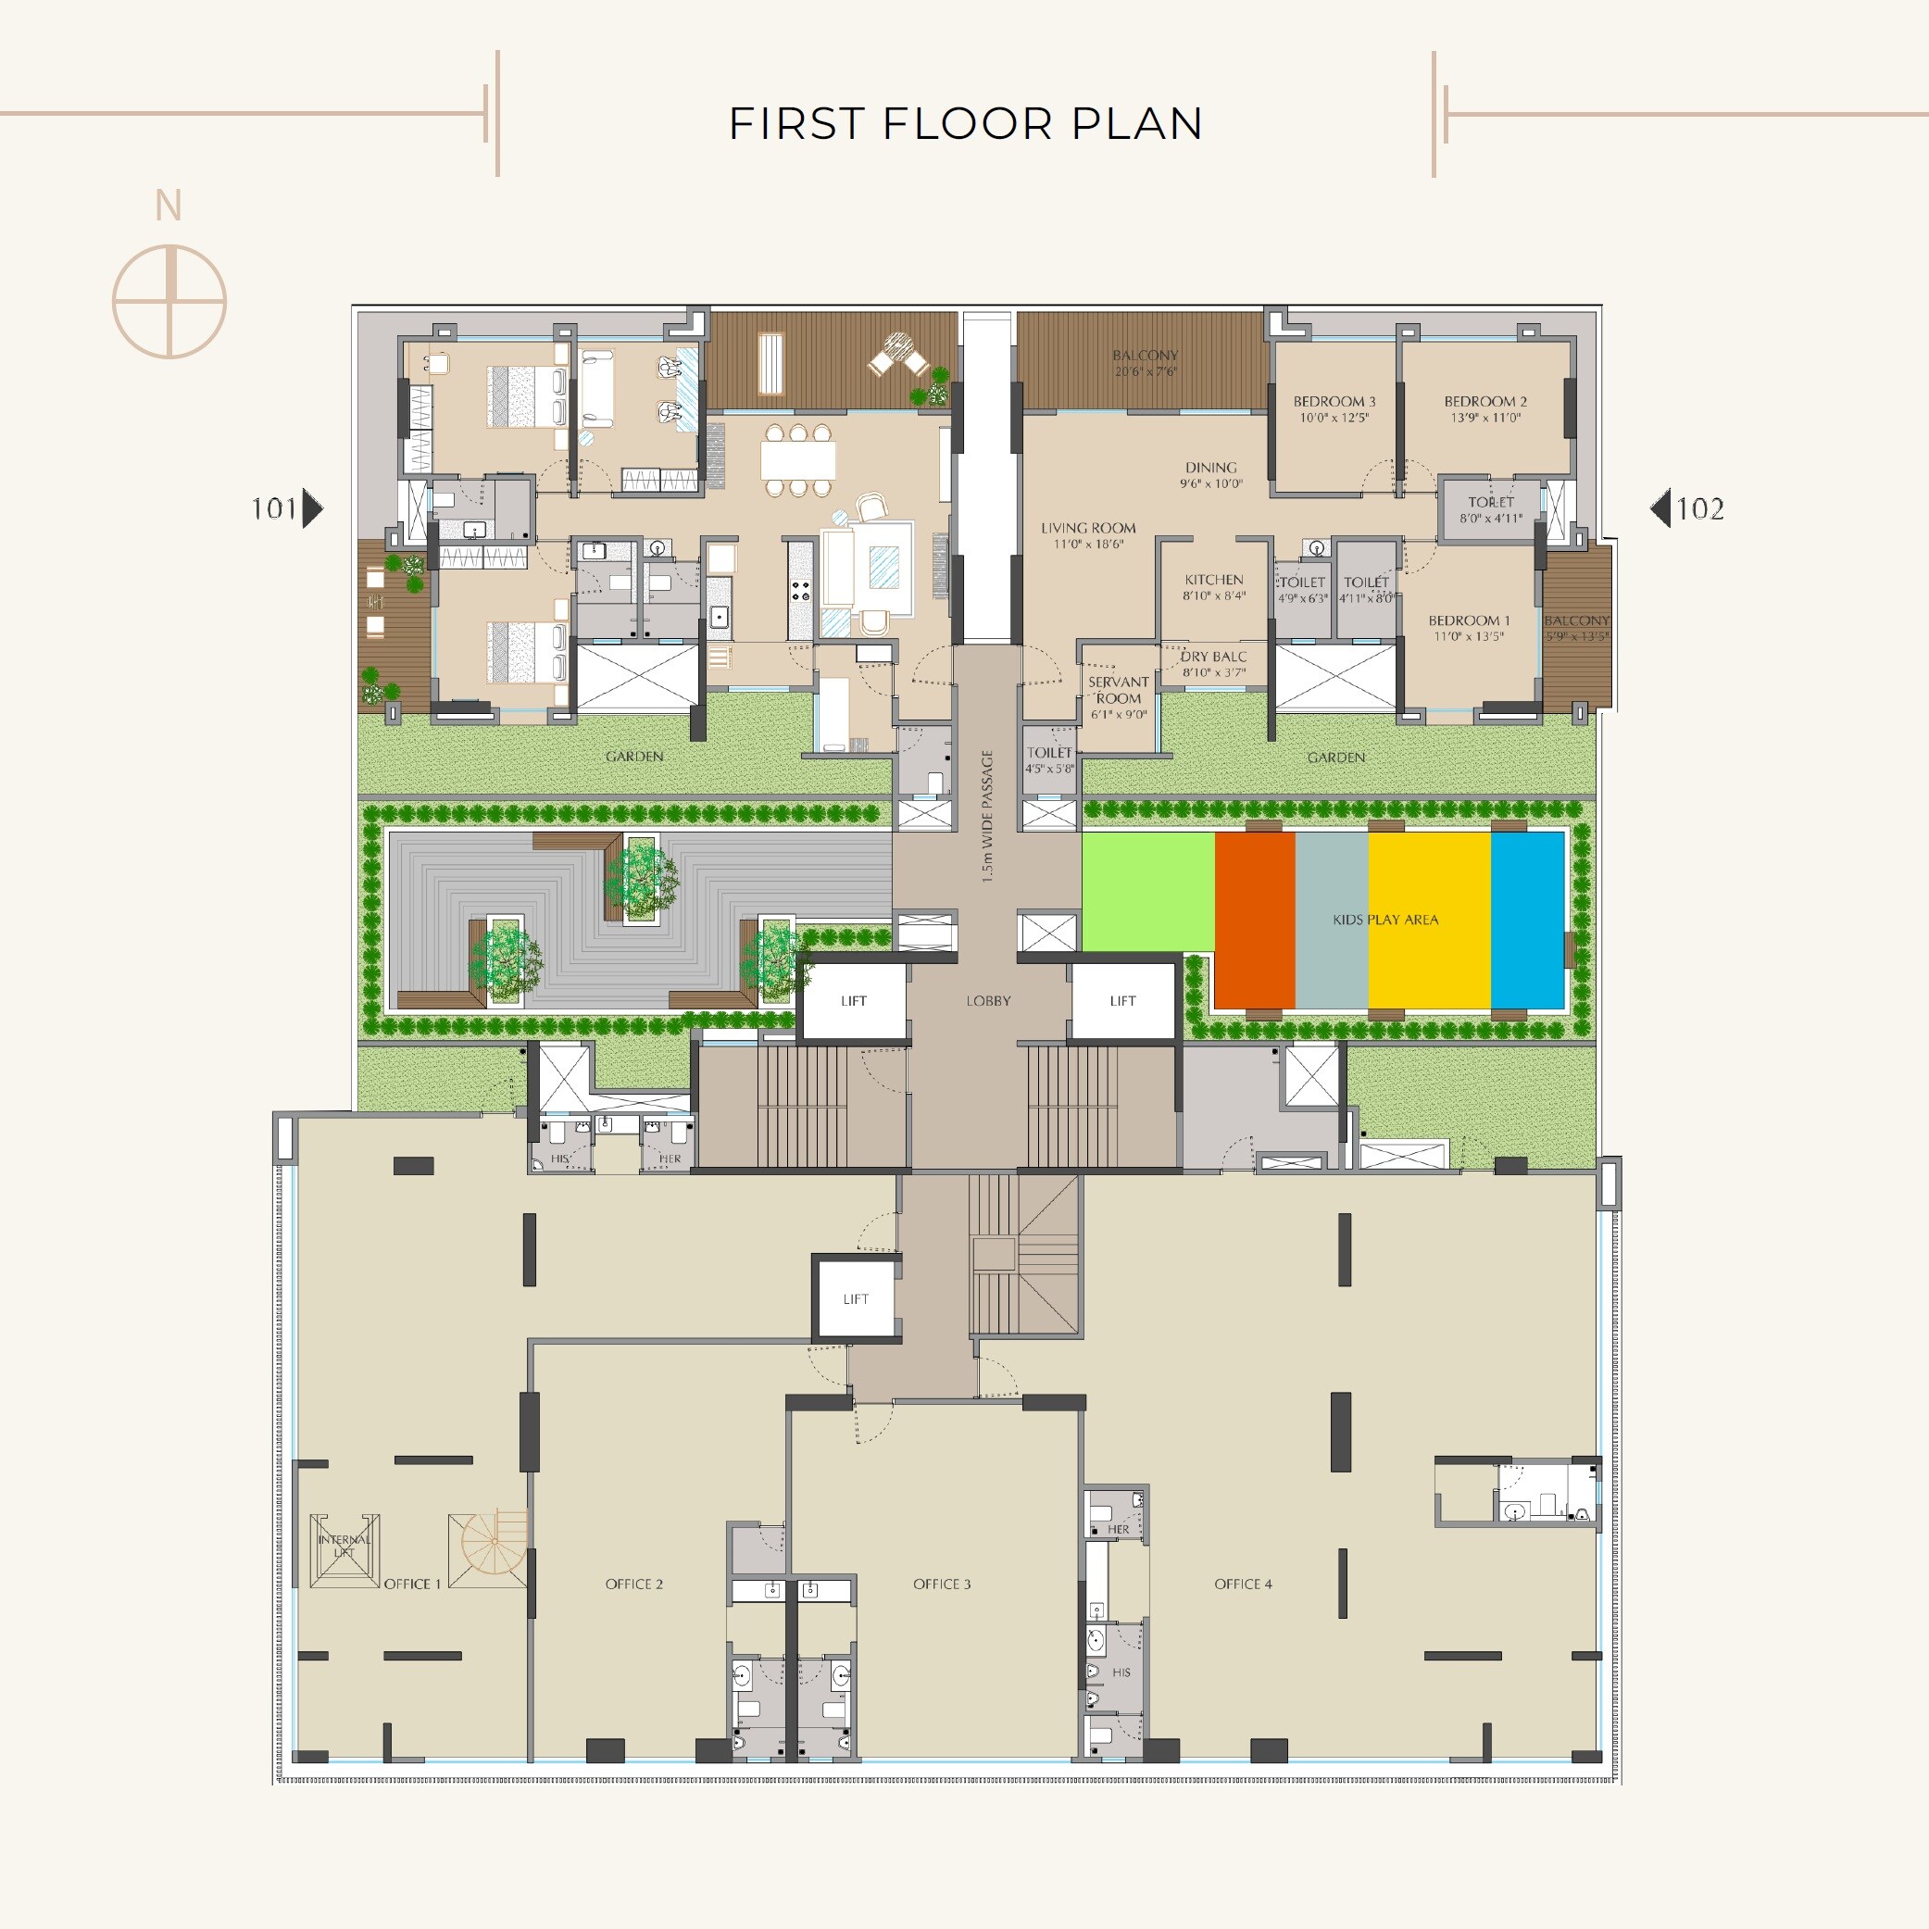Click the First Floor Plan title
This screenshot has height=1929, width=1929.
[965, 124]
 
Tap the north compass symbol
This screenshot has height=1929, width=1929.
[169, 299]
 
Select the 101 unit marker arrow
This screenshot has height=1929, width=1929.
[312, 508]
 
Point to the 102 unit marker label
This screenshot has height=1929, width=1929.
[1699, 509]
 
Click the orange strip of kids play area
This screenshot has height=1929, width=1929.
[1255, 920]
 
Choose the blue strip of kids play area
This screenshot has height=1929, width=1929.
[1527, 920]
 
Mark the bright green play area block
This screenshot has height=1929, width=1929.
[1148, 892]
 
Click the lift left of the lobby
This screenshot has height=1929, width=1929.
[854, 1000]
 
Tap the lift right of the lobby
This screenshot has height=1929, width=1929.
[1122, 1000]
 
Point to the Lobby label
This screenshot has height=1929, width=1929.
[988, 1000]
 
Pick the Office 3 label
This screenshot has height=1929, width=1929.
[942, 1584]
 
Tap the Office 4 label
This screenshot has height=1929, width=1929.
[1243, 1584]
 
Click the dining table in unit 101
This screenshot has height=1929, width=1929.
[797, 460]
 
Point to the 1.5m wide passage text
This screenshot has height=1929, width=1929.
[987, 816]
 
